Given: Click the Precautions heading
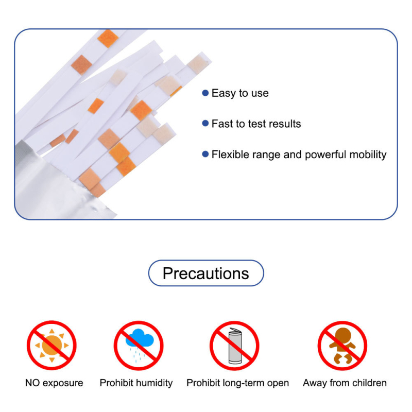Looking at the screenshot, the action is click(x=205, y=273).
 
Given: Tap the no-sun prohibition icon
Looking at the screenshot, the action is click(x=51, y=345).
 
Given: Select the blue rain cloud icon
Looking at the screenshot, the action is click(x=140, y=338).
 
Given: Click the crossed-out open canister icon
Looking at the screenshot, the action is click(x=234, y=346).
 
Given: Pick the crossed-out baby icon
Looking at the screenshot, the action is click(x=342, y=346).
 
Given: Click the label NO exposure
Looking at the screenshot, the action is click(x=54, y=383).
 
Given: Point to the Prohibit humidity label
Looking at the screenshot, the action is click(x=136, y=383).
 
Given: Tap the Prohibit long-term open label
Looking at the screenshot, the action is click(x=237, y=383).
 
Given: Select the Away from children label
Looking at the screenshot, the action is click(x=345, y=383).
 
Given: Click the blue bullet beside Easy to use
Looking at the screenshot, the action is click(x=205, y=93).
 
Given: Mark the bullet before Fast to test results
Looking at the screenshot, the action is click(x=205, y=123).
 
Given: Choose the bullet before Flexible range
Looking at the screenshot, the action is click(x=205, y=154).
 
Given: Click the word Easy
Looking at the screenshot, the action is click(x=224, y=93).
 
